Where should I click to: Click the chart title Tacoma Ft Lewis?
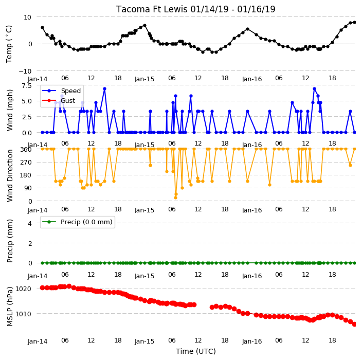click(152, 9)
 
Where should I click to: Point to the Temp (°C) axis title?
click(9, 44)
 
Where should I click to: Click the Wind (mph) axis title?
click(9, 110)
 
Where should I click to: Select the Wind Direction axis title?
click(9, 175)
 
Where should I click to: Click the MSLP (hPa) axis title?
click(9, 307)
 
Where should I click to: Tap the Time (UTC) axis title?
click(196, 351)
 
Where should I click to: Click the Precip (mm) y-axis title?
click(9, 241)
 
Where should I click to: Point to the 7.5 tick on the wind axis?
click(27, 86)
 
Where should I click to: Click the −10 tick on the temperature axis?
click(25, 71)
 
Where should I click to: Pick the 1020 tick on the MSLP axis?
click(23, 289)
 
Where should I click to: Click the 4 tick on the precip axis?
click(30, 223)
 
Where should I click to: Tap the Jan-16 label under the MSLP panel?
click(252, 341)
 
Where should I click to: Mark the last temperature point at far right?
click(355, 23)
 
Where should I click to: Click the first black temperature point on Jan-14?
click(43, 27)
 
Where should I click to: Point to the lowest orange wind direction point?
click(175, 197)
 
